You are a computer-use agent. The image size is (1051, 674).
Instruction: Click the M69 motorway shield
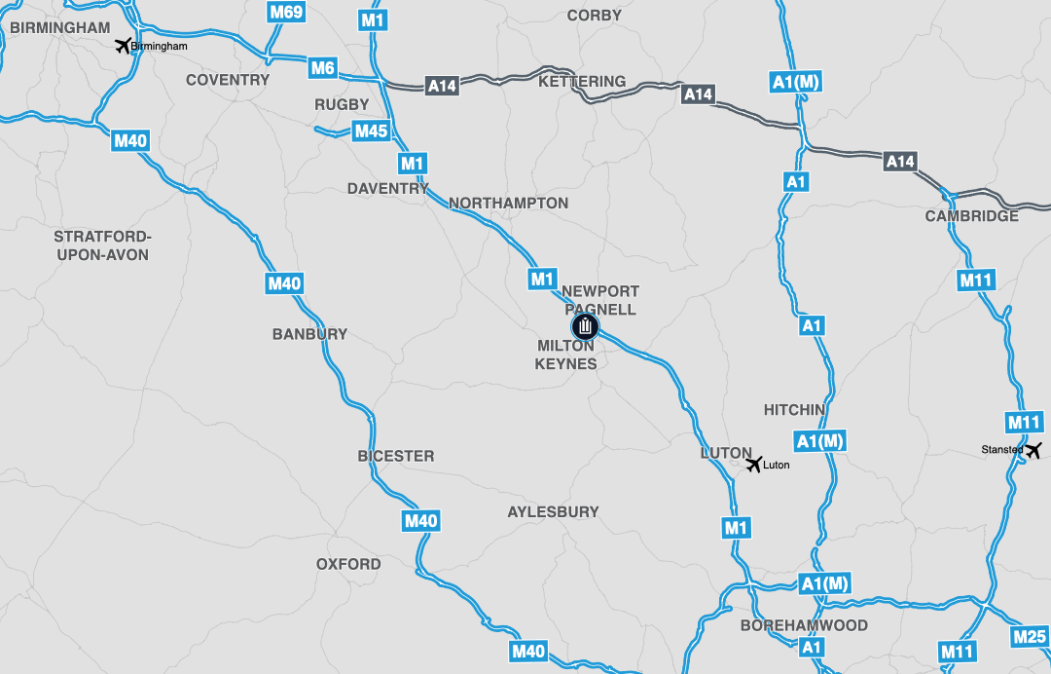click(286, 12)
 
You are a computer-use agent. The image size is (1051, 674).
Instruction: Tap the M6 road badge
click(323, 68)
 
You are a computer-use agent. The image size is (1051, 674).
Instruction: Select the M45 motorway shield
click(371, 131)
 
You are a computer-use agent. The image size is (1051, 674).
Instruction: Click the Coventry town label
click(228, 80)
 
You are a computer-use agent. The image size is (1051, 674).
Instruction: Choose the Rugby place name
click(342, 104)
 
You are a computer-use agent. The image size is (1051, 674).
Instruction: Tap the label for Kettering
click(582, 82)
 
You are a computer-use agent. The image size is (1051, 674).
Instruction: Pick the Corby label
click(594, 16)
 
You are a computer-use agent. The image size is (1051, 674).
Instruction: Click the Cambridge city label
click(972, 216)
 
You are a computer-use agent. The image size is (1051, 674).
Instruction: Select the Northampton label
click(509, 204)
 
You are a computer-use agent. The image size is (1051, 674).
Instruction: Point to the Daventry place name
click(388, 189)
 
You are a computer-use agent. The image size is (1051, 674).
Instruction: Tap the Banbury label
click(309, 334)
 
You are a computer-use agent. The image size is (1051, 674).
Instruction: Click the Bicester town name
click(396, 456)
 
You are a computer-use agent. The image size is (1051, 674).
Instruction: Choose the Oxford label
click(348, 564)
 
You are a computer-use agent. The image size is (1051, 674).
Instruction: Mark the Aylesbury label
click(554, 511)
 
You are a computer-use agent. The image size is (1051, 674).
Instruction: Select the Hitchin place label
click(794, 410)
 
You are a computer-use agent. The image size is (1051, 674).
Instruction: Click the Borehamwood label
click(804, 625)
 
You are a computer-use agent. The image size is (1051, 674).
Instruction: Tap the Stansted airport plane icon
click(1033, 450)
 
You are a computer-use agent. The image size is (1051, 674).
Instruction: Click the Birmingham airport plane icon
click(123, 45)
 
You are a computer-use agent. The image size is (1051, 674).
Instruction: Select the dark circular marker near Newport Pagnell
click(586, 326)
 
